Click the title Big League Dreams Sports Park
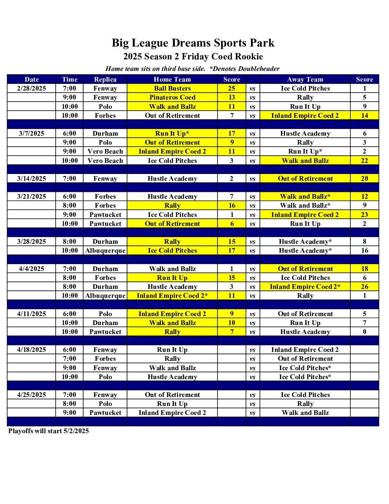pos(193,43)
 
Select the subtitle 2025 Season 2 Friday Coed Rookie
pos(193,57)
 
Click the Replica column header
pos(105,79)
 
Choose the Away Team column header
pos(305,79)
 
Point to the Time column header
pos(69,79)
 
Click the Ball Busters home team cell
pos(172,88)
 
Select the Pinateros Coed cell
pos(172,97)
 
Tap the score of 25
pos(232,88)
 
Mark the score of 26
pos(364,287)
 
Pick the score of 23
pos(364,215)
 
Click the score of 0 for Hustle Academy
pos(364,332)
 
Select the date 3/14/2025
pos(31,179)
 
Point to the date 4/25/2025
pos(31,395)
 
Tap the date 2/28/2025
pos(31,88)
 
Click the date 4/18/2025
pos(31,350)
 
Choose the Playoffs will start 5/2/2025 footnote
pos(49,431)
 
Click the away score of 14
pos(364,116)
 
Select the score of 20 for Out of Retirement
pos(364,179)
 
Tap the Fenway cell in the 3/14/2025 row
pos(105,179)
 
